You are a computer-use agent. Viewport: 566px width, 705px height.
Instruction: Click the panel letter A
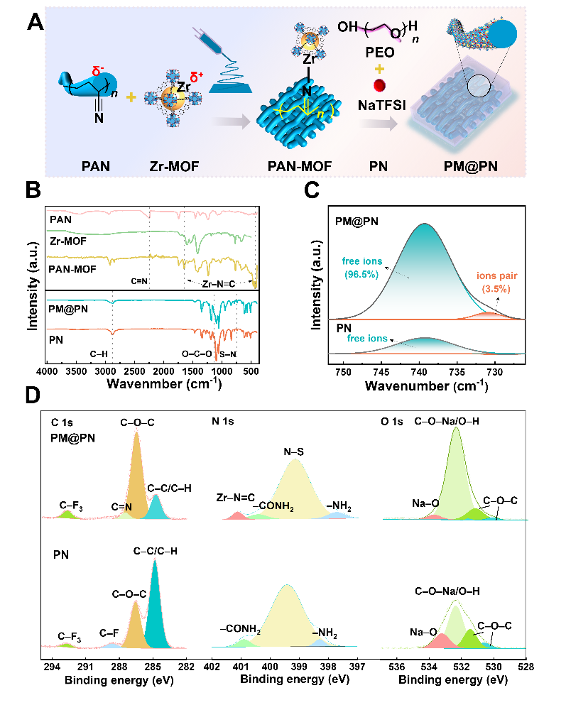36,21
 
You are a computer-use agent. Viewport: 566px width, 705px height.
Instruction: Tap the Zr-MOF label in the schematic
175,167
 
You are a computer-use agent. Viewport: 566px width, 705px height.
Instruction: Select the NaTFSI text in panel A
381,105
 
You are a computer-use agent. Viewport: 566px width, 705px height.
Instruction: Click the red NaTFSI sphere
380,85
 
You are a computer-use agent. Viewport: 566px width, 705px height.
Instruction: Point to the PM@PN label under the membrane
471,166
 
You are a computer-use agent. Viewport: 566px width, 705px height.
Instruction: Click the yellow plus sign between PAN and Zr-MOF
131,97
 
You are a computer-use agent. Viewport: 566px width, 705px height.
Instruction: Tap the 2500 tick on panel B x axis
134,371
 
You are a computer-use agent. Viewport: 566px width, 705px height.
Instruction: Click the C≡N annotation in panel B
139,281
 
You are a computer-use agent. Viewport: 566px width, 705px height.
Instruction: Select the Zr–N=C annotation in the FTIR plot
219,284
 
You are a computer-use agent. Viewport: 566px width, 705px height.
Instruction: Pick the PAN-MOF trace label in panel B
72,269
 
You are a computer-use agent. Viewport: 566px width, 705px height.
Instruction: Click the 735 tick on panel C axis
457,372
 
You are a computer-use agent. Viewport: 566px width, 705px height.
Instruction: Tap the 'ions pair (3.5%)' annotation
497,283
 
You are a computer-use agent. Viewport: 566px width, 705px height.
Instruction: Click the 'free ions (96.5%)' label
362,268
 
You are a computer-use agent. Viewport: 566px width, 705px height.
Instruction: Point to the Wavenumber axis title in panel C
426,386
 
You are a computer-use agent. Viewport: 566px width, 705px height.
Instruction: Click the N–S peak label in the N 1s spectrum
293,452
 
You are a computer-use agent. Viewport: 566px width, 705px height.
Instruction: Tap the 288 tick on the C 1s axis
119,667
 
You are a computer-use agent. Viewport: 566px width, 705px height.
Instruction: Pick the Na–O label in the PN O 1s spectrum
423,632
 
